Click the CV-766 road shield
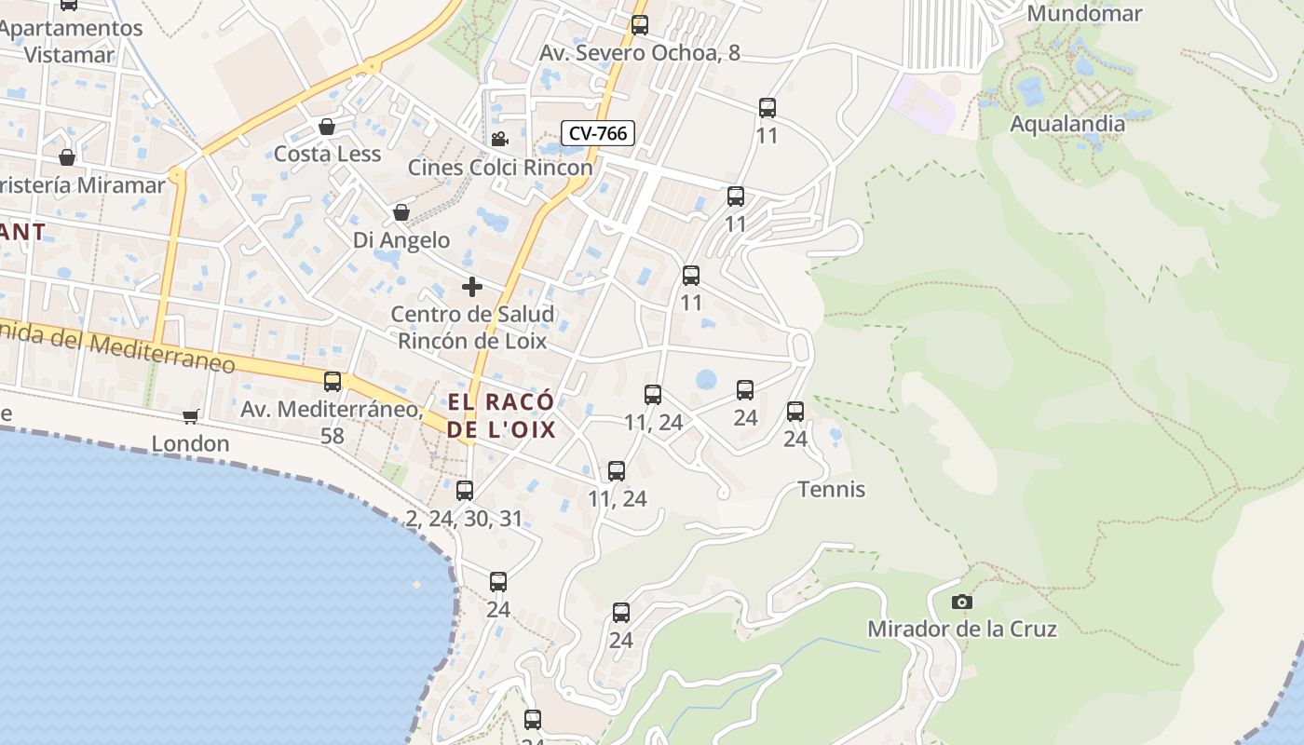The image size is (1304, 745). point(598,133)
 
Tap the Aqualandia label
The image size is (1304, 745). point(1067,124)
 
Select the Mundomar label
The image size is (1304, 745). point(1084,14)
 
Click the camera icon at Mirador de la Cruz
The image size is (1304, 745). point(962,603)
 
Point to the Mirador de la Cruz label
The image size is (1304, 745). point(962,630)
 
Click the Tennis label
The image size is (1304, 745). point(832,490)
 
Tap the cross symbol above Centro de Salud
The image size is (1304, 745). point(472,287)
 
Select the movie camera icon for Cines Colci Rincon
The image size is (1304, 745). point(499,140)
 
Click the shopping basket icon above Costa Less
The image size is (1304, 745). point(327,127)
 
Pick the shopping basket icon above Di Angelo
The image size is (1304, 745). point(401,213)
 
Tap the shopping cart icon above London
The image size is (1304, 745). point(190,416)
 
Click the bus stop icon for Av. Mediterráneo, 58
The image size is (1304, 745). point(333,382)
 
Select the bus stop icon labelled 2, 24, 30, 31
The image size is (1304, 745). point(465,491)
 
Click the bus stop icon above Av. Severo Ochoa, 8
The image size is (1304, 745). point(640,25)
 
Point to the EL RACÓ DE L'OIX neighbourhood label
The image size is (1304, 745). point(501,415)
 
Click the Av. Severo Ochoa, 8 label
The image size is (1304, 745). point(640,53)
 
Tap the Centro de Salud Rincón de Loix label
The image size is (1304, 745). point(472,327)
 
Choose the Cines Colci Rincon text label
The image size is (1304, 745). point(500,168)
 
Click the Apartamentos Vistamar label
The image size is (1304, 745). point(70,41)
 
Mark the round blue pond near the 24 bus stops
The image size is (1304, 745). point(706,379)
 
